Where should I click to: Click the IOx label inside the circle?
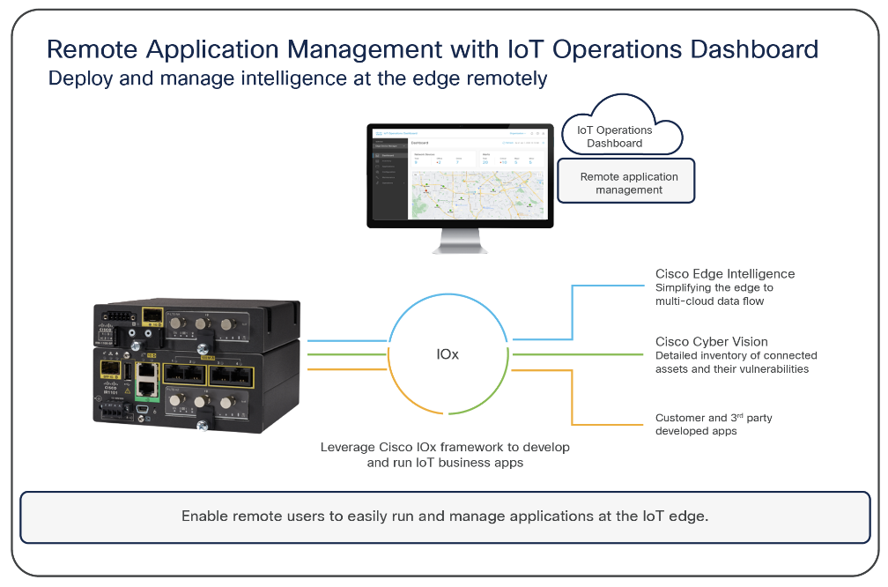pos(448,353)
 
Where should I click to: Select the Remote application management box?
pos(628,182)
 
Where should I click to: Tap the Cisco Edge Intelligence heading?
pos(724,274)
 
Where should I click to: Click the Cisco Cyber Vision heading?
pos(711,341)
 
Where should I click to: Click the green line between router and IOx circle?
pos(348,353)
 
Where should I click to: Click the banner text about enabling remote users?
pos(444,516)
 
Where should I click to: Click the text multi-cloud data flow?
pos(709,301)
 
